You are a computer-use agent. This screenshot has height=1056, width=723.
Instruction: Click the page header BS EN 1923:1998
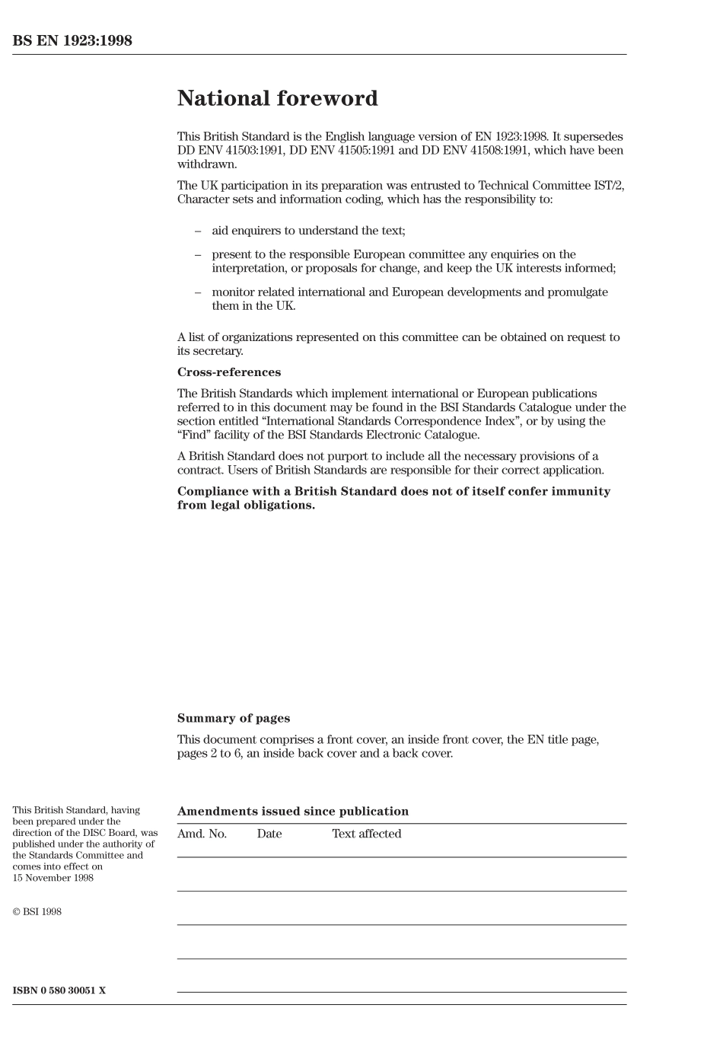(72, 41)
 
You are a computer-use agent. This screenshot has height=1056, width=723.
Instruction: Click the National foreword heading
(277, 98)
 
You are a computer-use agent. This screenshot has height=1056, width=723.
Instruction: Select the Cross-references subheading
(228, 372)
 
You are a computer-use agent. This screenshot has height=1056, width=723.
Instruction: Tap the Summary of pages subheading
(233, 718)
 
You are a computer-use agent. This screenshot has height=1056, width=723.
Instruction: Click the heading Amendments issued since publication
(292, 812)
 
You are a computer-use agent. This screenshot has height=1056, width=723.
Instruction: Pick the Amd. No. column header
(202, 834)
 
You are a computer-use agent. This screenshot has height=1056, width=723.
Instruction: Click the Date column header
(269, 834)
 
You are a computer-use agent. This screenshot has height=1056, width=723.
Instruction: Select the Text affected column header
(366, 834)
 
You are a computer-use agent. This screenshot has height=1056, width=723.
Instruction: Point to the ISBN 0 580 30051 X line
(59, 991)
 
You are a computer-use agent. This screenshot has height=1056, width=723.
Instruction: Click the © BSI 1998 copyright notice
(37, 911)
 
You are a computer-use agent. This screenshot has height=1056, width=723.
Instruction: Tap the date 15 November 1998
(53, 878)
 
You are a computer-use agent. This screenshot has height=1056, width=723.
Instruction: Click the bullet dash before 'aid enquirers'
(198, 231)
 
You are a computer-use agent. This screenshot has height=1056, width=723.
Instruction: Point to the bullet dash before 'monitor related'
(198, 292)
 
